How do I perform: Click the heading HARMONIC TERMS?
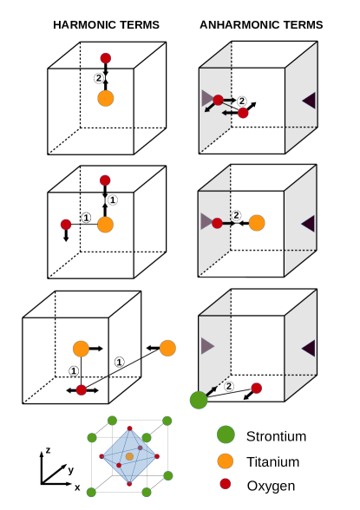pyautogui.click(x=106, y=24)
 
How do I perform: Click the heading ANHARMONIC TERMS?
pyautogui.click(x=261, y=24)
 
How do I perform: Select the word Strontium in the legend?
pyautogui.click(x=276, y=435)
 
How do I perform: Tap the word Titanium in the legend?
pyautogui.click(x=273, y=461)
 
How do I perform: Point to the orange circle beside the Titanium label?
pyautogui.click(x=226, y=461)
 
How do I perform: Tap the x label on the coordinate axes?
pyautogui.click(x=77, y=487)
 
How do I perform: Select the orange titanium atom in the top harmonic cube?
pyautogui.click(x=106, y=98)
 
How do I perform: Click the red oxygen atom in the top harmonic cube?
pyautogui.click(x=106, y=58)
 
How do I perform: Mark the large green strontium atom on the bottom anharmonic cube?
pyautogui.click(x=199, y=400)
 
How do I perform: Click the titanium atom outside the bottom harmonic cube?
pyautogui.click(x=167, y=348)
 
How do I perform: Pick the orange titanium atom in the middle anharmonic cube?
pyautogui.click(x=256, y=223)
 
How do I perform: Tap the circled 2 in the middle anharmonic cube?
pyautogui.click(x=235, y=214)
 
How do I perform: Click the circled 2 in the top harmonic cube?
pyautogui.click(x=98, y=77)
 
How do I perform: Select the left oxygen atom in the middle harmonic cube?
pyautogui.click(x=65, y=225)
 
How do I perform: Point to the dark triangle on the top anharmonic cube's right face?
pyautogui.click(x=308, y=101)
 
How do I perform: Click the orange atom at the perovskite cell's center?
pyautogui.click(x=129, y=456)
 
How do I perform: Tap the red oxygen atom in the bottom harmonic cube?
pyautogui.click(x=81, y=390)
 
